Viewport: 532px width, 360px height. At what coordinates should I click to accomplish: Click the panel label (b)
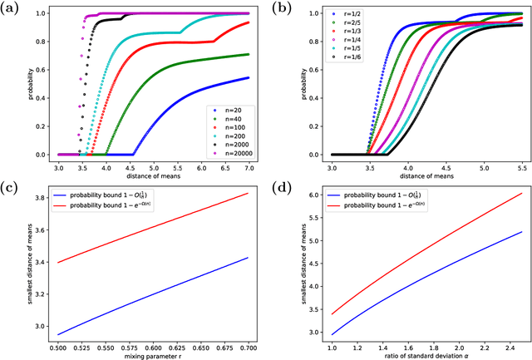point(285,9)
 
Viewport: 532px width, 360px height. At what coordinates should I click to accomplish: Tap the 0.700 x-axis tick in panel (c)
point(249,346)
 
